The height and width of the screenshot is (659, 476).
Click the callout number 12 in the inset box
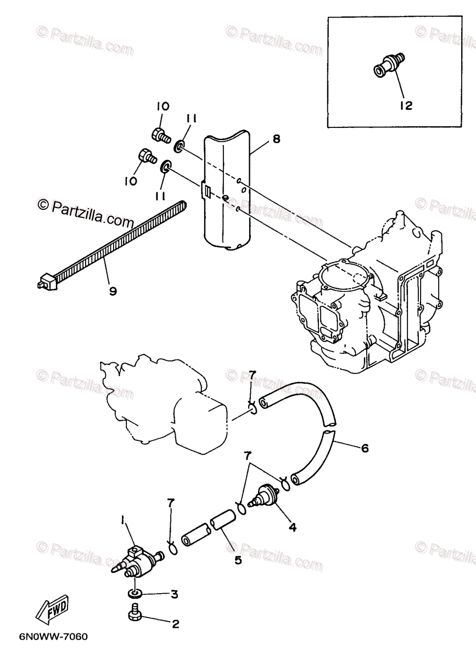point(406,105)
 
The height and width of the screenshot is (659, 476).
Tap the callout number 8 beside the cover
point(276,139)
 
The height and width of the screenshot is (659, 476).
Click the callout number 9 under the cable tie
point(113,292)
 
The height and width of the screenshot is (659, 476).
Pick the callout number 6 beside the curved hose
point(365,448)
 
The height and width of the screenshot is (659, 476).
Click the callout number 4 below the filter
point(292,527)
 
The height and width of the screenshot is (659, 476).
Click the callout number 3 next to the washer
point(175,594)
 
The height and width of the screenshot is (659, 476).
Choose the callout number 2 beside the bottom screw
point(175,624)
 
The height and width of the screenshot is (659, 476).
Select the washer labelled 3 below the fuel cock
point(133,594)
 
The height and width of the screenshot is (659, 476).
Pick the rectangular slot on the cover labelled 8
point(206,191)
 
